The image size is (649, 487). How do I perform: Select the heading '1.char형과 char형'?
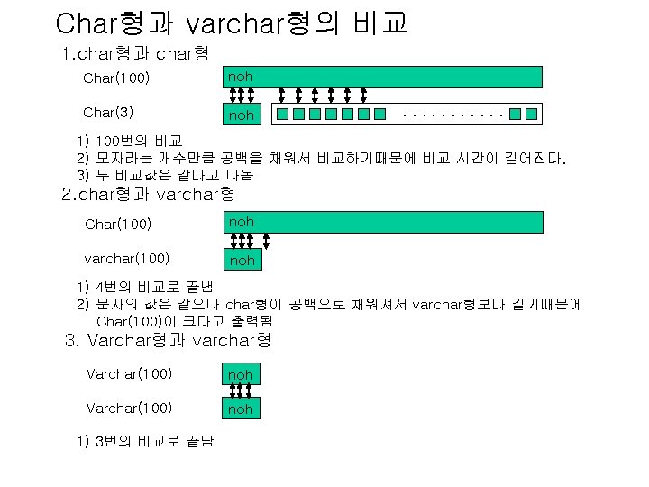[x=135, y=55]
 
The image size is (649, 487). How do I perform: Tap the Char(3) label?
[x=109, y=114]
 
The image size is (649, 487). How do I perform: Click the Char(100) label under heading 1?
[x=115, y=78]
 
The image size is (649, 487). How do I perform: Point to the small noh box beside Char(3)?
[x=242, y=115]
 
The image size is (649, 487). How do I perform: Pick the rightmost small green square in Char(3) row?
[x=531, y=115]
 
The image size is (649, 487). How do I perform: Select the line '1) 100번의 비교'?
[x=130, y=142]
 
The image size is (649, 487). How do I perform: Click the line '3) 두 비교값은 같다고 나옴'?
[x=165, y=174]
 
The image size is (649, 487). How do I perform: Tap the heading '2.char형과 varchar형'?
[x=148, y=194]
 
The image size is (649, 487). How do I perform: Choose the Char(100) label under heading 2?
[x=118, y=223]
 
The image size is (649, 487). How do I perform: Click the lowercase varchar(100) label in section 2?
[x=126, y=259]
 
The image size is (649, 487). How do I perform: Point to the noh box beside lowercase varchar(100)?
[x=242, y=260]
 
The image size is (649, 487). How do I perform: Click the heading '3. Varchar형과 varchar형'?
[x=169, y=341]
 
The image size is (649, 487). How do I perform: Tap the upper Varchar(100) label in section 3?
[x=129, y=373]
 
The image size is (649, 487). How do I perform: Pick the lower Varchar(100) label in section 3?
[x=129, y=409]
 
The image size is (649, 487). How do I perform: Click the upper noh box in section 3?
[x=241, y=374]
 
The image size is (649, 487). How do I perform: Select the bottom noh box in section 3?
[x=241, y=409]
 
